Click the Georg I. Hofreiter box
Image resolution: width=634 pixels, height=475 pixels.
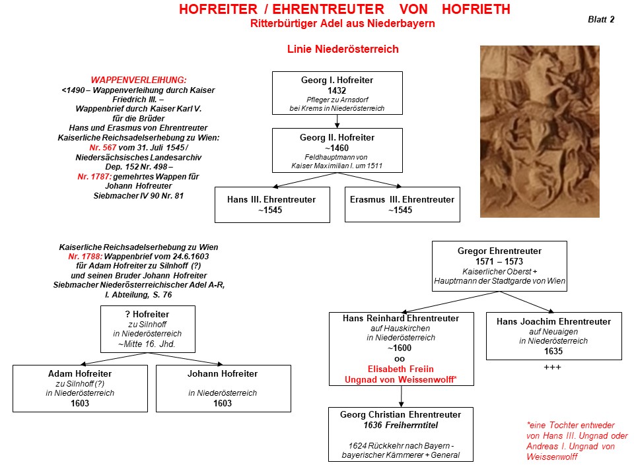click(337, 93)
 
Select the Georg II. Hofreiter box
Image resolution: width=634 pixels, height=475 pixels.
click(337, 150)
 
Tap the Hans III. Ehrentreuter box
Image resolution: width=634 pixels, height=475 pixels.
click(272, 205)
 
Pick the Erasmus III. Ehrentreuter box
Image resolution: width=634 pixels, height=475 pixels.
click(402, 205)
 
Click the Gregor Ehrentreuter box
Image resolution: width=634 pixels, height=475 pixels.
click(499, 266)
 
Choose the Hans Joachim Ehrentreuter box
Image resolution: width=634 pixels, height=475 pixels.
click(554, 336)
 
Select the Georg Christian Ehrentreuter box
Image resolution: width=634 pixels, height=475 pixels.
click(401, 434)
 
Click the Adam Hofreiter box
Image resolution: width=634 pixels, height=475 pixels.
click(80, 389)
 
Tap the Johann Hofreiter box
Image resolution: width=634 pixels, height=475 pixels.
click(223, 389)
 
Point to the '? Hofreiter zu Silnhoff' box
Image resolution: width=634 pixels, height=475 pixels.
click(147, 329)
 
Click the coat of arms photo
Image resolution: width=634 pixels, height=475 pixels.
click(540, 132)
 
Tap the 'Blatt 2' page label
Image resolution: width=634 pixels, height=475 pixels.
click(601, 19)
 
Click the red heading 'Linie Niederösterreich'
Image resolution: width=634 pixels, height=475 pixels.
click(343, 49)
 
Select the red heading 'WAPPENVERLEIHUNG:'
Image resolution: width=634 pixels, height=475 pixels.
click(139, 80)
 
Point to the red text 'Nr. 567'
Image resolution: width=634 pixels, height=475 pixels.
click(103, 147)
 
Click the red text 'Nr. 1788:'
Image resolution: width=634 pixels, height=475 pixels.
click(85, 257)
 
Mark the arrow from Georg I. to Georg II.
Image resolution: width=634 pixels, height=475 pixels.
click(337, 121)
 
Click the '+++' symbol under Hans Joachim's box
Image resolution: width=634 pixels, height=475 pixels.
click(552, 367)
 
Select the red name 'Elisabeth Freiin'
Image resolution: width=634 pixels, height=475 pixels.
click(401, 369)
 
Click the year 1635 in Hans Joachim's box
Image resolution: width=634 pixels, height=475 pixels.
click(553, 351)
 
